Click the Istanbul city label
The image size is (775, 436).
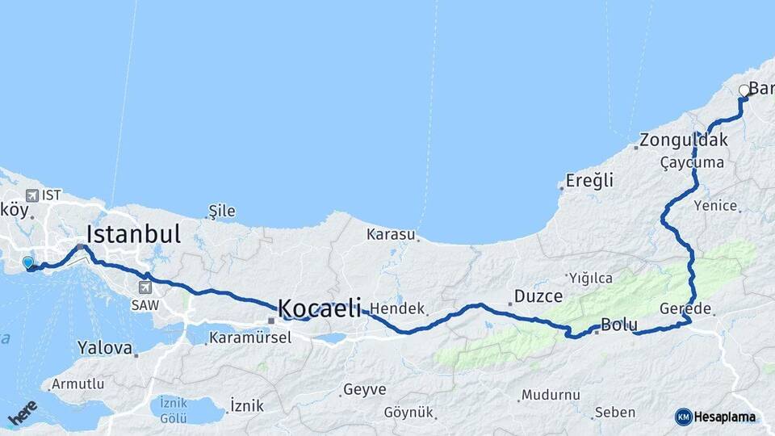pos(133,235)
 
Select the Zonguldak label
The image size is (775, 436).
pos(684,140)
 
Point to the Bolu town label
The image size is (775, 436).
pos(619,325)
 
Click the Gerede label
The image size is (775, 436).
pos(685,309)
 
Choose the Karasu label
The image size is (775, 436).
pos(391,235)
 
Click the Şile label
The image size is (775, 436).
pos(222,212)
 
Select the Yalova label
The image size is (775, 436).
pos(105,349)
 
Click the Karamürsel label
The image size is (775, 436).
pos(249,337)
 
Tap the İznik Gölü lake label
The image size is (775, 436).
pos(174,409)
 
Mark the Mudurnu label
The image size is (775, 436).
pos(551,396)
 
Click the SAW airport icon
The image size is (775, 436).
pos(146,287)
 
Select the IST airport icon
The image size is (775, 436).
pos(31,195)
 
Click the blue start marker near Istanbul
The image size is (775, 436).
pos(28,262)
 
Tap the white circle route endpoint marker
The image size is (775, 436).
pos(744,90)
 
